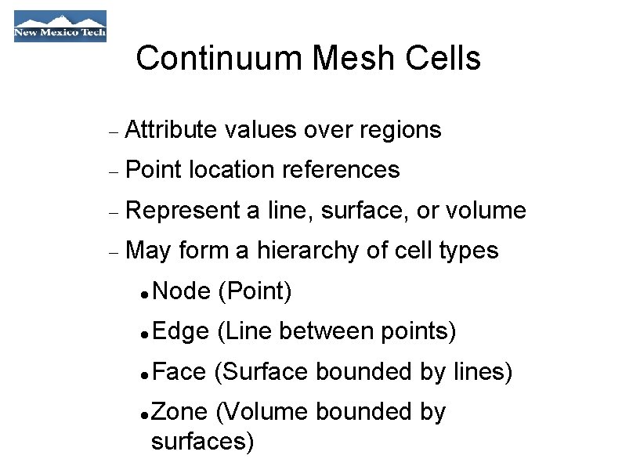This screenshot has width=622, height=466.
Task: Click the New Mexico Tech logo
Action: (60, 26)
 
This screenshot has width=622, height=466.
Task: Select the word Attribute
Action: (170, 130)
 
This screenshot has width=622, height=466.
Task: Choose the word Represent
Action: (183, 211)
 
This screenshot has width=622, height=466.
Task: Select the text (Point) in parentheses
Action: (255, 292)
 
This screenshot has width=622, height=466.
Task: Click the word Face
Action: (180, 372)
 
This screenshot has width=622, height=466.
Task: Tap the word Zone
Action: (180, 412)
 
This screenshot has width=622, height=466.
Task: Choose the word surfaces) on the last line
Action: (202, 443)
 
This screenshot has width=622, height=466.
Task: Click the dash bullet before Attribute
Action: (114, 132)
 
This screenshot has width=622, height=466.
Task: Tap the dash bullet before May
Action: (114, 252)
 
